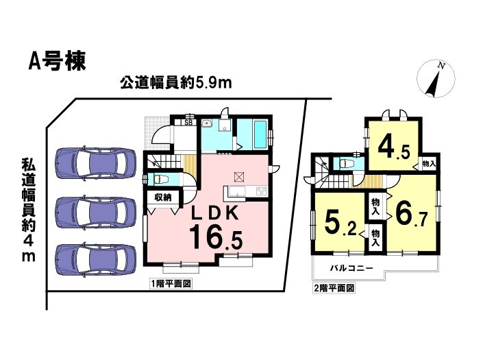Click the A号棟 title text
point(57,62)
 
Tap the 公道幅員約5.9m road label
point(175,82)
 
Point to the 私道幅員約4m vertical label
point(28,211)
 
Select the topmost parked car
point(95,163)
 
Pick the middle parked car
point(95,213)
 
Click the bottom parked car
point(95,259)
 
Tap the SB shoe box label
point(188,122)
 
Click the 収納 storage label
point(162,198)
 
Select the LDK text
point(215,213)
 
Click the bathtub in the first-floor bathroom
point(260,134)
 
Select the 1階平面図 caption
point(171,284)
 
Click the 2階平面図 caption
point(334,288)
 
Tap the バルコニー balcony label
point(351,268)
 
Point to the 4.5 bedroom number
point(394,148)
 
